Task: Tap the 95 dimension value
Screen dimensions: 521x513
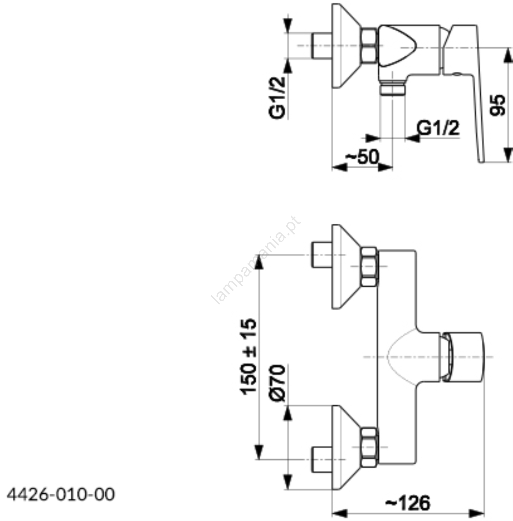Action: (x=498, y=105)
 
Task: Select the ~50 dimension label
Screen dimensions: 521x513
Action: (x=362, y=157)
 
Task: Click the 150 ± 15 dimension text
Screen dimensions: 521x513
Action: (x=249, y=357)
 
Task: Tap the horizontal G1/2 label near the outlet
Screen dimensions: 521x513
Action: (x=438, y=128)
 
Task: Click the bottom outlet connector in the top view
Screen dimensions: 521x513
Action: (x=392, y=89)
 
